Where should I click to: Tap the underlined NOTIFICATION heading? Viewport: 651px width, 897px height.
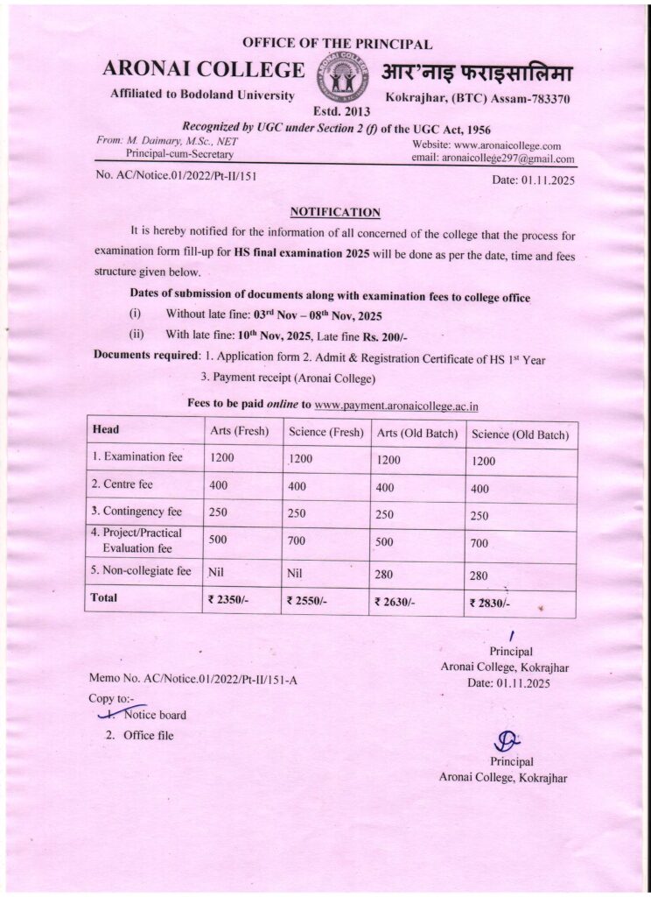pyautogui.click(x=335, y=212)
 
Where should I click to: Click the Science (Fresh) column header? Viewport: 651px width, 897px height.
pyautogui.click(x=325, y=432)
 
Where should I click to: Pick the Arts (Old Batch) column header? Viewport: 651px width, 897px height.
pyautogui.click(x=416, y=433)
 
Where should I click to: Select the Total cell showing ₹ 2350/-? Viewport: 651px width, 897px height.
pyautogui.click(x=229, y=601)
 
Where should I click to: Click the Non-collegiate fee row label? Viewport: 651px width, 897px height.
pyautogui.click(x=142, y=571)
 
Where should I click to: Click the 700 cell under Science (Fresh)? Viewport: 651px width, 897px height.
pyautogui.click(x=297, y=540)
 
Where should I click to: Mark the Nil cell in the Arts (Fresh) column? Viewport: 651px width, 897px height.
pyautogui.click(x=218, y=573)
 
